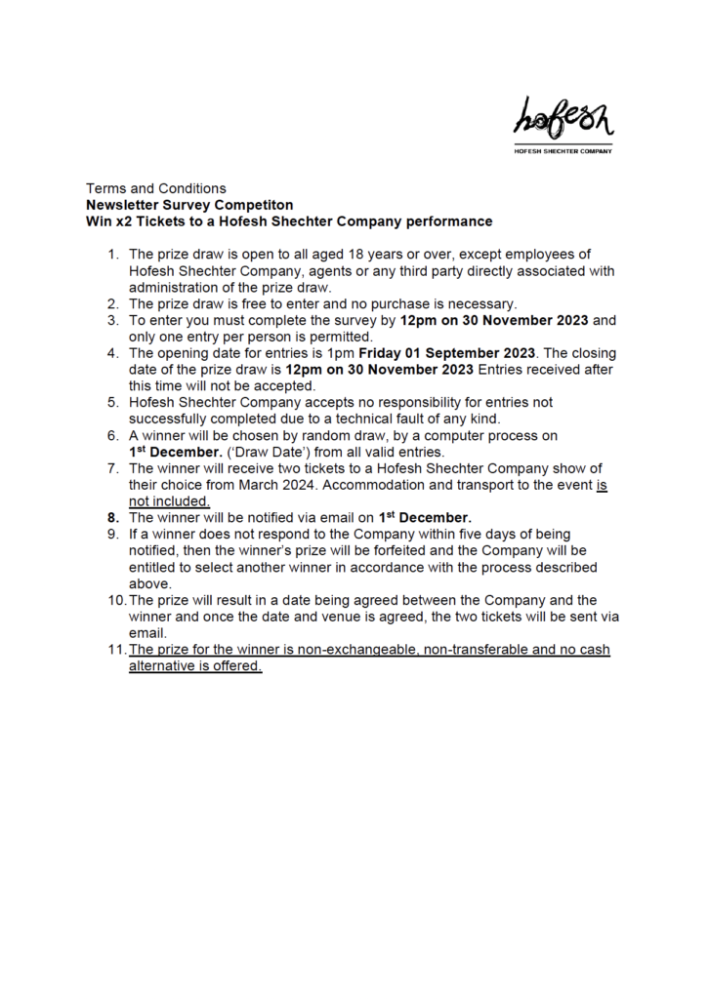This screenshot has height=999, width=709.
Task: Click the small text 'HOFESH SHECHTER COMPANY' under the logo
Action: pos(563,151)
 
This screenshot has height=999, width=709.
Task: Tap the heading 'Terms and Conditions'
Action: pos(156,188)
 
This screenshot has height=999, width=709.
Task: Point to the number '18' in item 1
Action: pos(382,254)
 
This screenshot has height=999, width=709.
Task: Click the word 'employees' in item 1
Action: pos(553,254)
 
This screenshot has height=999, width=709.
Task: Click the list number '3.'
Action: pos(113,320)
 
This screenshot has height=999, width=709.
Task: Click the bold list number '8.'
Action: pos(112,518)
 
